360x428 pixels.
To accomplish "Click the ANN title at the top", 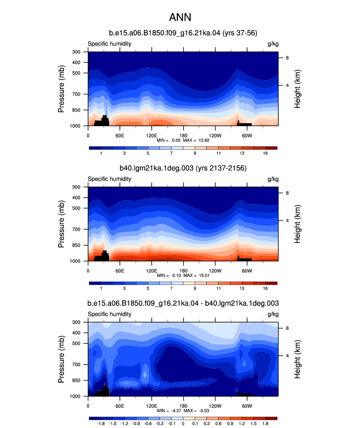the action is coord(180,17).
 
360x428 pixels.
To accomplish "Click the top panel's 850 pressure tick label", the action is coord(76,110).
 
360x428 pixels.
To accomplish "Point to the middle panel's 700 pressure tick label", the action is coord(76,229).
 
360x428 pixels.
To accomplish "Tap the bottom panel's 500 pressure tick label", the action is coord(76,344).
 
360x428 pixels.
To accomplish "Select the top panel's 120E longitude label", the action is coord(151,135).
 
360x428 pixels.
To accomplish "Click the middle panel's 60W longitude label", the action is coord(247,271).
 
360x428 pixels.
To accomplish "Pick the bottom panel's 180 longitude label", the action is coord(183,406).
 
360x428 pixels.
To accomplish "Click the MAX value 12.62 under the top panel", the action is coord(204,140).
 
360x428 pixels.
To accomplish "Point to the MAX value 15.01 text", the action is coord(204,275).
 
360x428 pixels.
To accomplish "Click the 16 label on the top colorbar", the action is coord(265,153).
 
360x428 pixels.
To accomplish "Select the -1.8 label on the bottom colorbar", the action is coord(101,424).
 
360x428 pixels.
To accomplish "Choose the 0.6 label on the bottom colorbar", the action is coord(218,424).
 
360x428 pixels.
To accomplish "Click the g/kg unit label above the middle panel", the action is coord(273,179).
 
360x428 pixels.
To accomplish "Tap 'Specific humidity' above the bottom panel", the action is coord(109,314).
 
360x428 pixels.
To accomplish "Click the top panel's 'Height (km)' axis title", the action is coord(297,89).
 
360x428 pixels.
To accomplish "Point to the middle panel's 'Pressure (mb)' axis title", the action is coord(61,224).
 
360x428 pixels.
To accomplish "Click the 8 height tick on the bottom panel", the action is coord(287,328).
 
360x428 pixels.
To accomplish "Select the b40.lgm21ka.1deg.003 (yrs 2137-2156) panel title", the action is coord(183,168).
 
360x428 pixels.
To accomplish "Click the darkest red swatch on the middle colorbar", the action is coord(271,283).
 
